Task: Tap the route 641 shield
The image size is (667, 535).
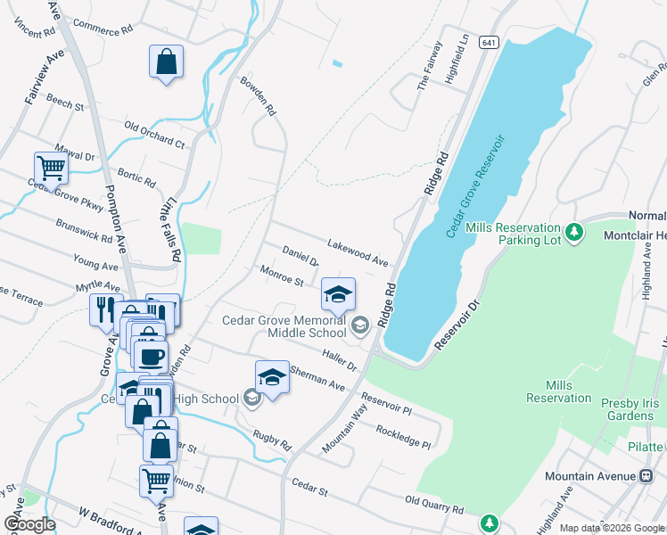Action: [488, 42]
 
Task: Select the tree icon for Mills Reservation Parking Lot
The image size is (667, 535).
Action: [575, 233]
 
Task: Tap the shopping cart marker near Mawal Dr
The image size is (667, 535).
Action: [52, 167]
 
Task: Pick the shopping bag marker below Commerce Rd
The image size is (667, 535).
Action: [167, 62]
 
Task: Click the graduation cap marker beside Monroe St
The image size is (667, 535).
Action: [338, 293]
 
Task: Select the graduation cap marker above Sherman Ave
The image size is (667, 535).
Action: [272, 377]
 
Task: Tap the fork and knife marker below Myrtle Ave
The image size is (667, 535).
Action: [106, 309]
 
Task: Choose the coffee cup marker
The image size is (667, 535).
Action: [150, 356]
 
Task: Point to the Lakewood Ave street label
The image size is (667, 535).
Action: [358, 253]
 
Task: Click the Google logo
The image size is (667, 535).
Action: [29, 524]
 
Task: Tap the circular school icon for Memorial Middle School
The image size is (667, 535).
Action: [359, 325]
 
